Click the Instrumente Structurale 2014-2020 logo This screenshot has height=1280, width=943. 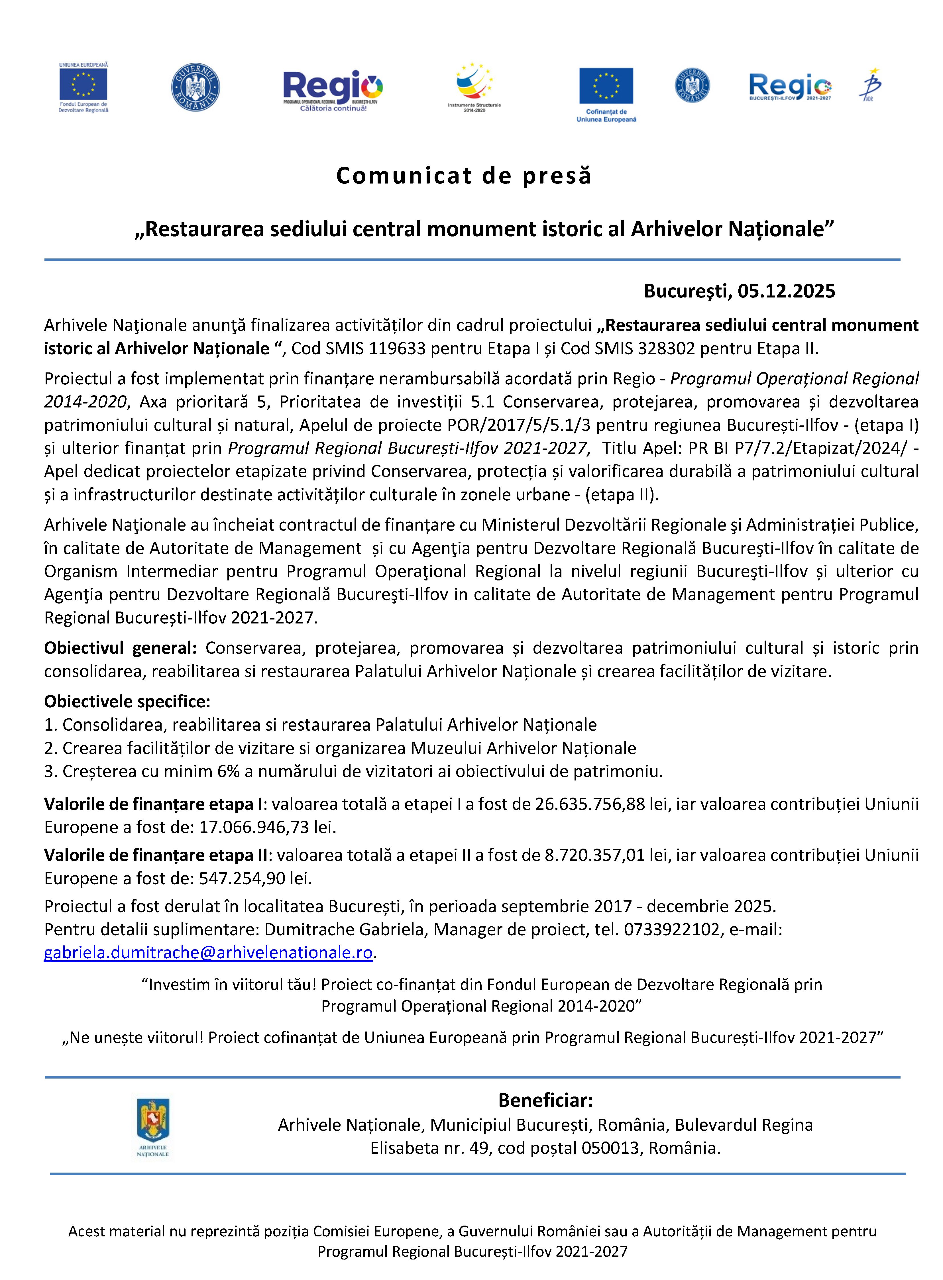click(x=474, y=87)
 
